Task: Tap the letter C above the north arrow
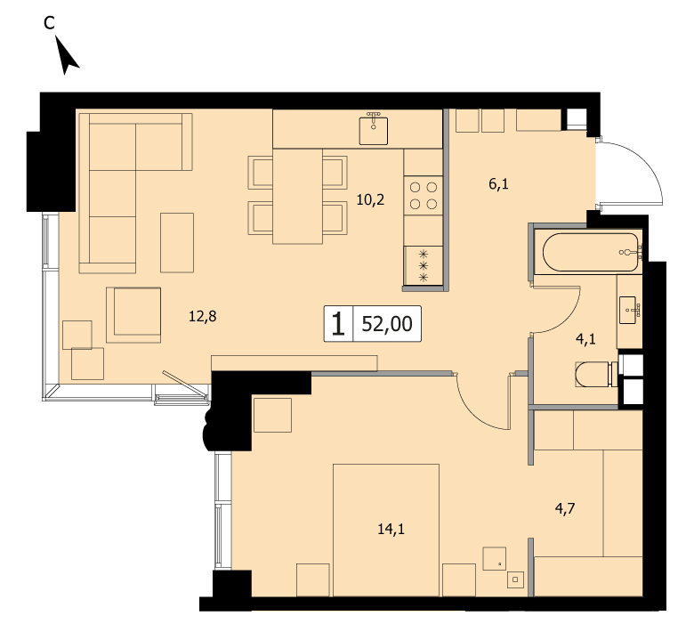49,22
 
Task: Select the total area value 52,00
387,324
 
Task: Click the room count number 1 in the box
338,324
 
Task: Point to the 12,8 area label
202,317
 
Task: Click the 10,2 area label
370,200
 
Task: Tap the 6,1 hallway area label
498,183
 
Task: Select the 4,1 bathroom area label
585,340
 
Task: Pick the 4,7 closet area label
565,509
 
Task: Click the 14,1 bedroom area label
391,529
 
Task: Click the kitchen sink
374,130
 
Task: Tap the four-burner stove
424,196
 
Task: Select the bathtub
591,252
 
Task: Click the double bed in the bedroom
386,530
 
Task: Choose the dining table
297,196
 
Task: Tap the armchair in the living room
133,315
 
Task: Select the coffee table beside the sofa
177,243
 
